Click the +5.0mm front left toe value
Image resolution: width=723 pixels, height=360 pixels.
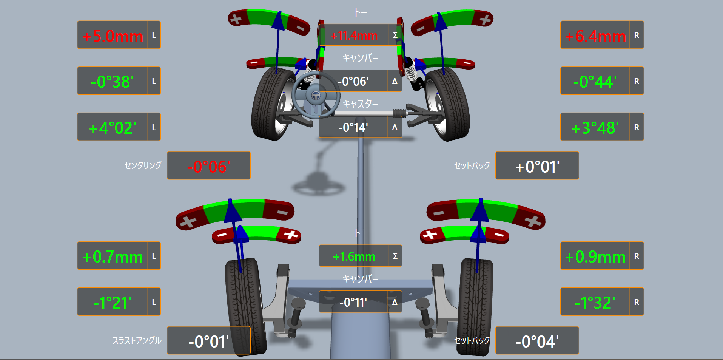pos(113,36)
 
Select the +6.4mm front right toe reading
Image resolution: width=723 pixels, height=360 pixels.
pos(595,36)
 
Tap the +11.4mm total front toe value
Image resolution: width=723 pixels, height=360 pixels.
pos(354,36)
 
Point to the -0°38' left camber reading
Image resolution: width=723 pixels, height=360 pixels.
pos(113,82)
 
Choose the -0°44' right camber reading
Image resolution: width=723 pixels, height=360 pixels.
pos(595,82)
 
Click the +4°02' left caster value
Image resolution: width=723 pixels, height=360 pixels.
pos(113,128)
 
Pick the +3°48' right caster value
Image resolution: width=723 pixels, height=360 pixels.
pos(595,128)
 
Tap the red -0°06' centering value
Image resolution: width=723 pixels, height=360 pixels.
pos(209,167)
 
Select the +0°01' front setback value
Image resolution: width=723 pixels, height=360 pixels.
pos(537,167)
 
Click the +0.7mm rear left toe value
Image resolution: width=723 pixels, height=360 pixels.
pos(113,257)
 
